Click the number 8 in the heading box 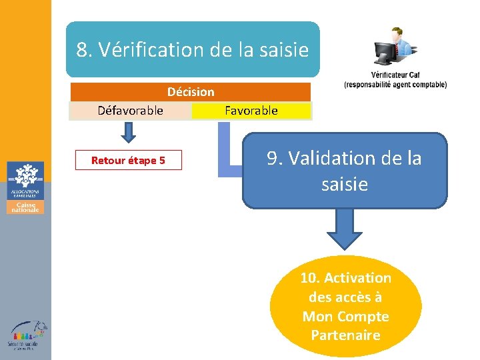click(83, 50)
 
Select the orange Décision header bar click(191, 92)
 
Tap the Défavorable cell click(130, 111)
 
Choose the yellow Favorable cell click(251, 111)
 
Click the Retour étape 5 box click(128, 161)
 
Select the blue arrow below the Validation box click(344, 230)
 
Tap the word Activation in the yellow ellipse click(359, 278)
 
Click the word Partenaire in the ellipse click(345, 335)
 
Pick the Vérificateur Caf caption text click(395, 79)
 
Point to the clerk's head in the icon click(398, 33)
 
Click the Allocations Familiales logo click(25, 180)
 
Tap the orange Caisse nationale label click(25, 207)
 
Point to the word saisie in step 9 click(344, 184)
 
